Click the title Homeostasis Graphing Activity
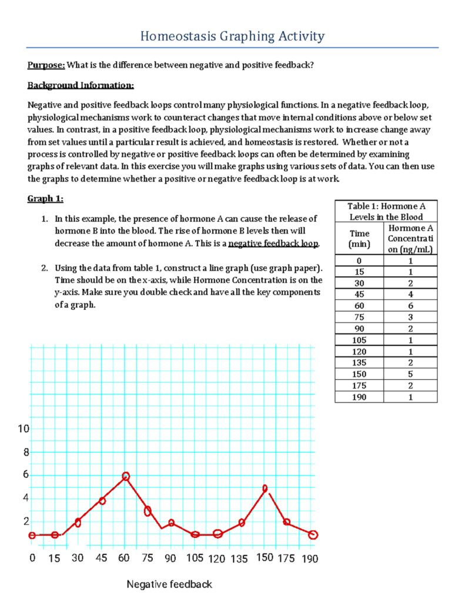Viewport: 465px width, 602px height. (x=232, y=36)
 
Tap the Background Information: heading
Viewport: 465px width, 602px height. (x=81, y=86)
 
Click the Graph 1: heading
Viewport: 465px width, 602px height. (x=45, y=198)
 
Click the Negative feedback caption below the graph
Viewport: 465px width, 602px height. (x=169, y=584)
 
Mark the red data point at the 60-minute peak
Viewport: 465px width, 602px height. (x=126, y=476)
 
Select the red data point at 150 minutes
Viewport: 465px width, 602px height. (x=265, y=488)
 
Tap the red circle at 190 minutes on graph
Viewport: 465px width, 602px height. (x=313, y=534)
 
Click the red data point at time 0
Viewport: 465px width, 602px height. (x=32, y=535)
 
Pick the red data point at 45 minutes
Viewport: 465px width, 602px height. (x=102, y=501)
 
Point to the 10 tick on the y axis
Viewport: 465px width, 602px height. (x=22, y=429)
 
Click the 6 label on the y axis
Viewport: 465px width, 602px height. (x=25, y=475)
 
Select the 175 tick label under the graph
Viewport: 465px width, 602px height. (x=285, y=559)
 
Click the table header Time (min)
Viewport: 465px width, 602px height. (x=359, y=238)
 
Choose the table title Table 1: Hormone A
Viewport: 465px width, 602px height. (x=386, y=206)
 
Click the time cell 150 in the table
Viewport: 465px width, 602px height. (x=359, y=374)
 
